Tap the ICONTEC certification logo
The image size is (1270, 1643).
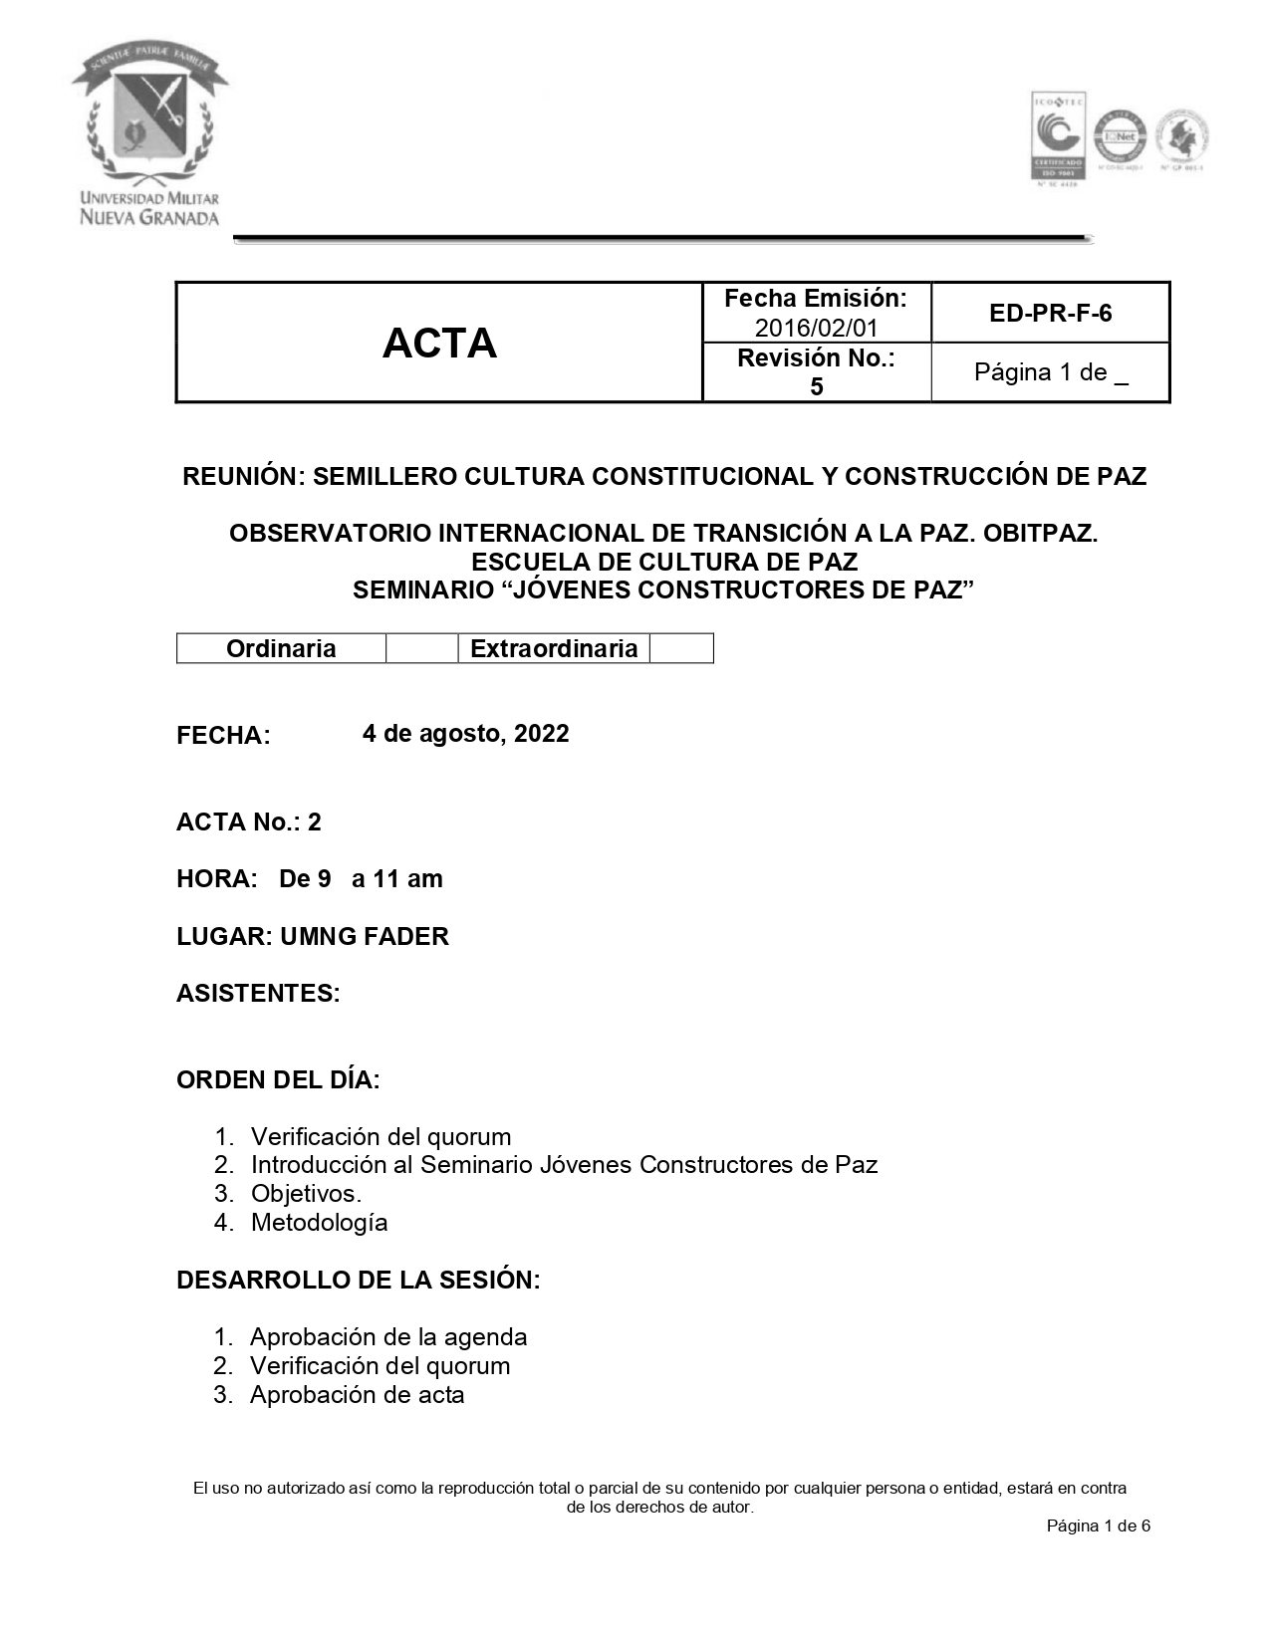pyautogui.click(x=1057, y=136)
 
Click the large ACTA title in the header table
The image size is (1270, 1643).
pyautogui.click(x=439, y=344)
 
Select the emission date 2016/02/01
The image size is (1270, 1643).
pyautogui.click(x=816, y=328)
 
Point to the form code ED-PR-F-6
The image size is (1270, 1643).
pyautogui.click(x=1050, y=314)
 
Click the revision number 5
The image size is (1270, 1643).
pyautogui.click(x=816, y=386)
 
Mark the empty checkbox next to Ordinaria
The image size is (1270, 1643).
pyautogui.click(x=421, y=649)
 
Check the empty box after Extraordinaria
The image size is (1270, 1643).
pyautogui.click(x=681, y=649)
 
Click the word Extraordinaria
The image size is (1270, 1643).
pyautogui.click(x=554, y=649)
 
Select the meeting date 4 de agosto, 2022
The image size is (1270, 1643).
pyautogui.click(x=465, y=734)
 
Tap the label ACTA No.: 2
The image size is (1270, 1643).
pyautogui.click(x=249, y=821)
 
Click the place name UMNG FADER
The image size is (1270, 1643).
pyautogui.click(x=365, y=936)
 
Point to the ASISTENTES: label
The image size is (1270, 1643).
pyautogui.click(x=258, y=993)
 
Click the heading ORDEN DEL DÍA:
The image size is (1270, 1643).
pyautogui.click(x=278, y=1079)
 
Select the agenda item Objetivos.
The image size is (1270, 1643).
pyautogui.click(x=306, y=1193)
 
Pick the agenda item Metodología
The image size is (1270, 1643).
pyautogui.click(x=319, y=1222)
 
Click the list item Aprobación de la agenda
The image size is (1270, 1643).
pyautogui.click(x=388, y=1336)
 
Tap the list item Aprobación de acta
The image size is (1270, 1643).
pyautogui.click(x=357, y=1394)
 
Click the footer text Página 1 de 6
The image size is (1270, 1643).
pyautogui.click(x=1099, y=1526)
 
